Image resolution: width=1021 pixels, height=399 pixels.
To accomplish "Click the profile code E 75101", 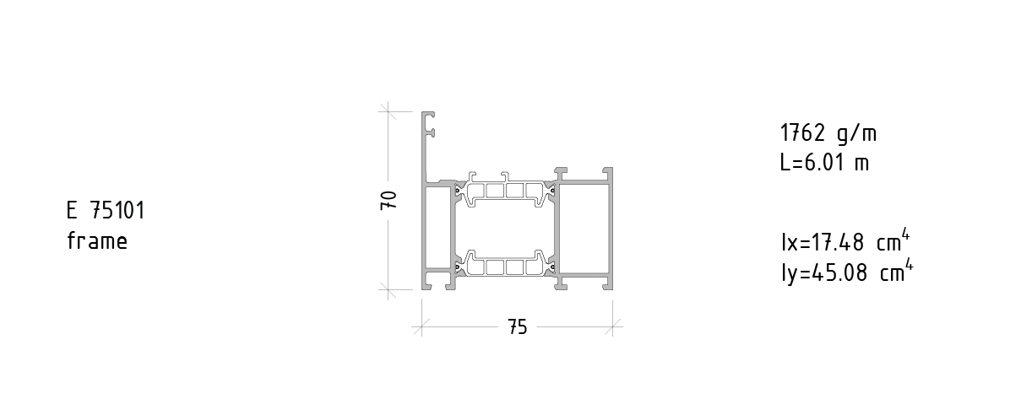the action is pos(106,210).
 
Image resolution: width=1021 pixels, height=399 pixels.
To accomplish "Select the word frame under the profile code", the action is pos(97,241).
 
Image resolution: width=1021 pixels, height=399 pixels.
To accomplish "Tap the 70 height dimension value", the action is pos(388,200).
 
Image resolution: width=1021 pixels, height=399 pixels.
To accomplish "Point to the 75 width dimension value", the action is pos(518,327).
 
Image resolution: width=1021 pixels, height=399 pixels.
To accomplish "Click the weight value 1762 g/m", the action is pos(828,133).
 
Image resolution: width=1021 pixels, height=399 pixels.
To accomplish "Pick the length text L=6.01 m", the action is pos(824,162).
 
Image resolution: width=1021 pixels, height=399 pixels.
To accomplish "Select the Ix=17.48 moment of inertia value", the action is pos(823,242).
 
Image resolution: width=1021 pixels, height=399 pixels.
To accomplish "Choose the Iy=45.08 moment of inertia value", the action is pos(824,272).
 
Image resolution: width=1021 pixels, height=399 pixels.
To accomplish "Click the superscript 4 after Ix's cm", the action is pos(905,235).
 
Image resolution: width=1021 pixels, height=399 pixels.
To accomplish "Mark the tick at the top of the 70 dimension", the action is pos(388,111).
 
